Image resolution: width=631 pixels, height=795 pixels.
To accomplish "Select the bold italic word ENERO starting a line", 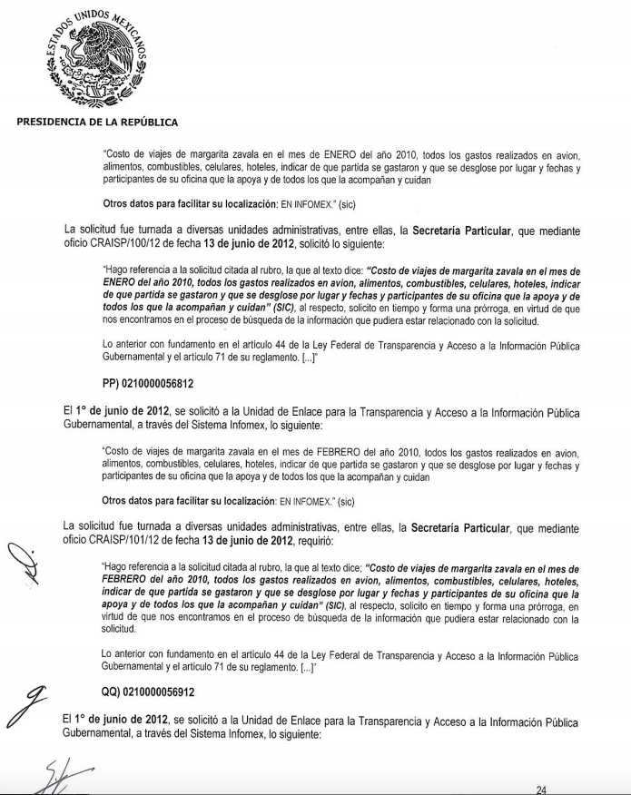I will (124, 283).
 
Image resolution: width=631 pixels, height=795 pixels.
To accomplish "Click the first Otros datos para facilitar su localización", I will (189, 205).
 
